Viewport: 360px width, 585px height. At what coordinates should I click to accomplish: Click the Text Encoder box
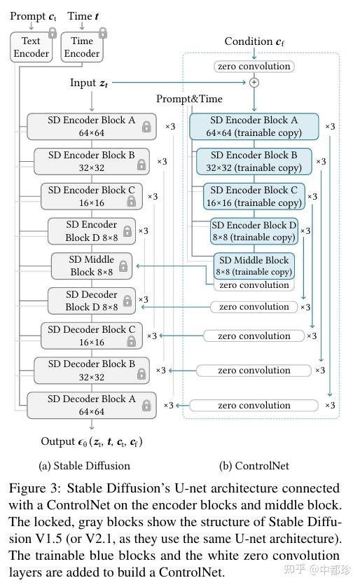30,48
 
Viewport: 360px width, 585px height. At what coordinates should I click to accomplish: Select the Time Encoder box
82,48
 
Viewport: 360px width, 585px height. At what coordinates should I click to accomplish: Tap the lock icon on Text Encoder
52,32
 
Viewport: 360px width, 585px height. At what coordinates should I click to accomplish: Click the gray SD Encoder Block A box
91,126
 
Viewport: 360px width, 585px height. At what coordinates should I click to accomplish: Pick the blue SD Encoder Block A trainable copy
254,126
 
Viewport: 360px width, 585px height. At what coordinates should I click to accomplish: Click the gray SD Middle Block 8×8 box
91,266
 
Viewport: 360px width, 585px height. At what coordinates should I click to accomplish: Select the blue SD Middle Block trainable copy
254,266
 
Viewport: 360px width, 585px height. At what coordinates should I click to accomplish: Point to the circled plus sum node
254,82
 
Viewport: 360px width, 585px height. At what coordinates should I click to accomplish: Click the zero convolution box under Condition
254,67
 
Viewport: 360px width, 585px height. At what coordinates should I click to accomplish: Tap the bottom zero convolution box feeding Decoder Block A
254,405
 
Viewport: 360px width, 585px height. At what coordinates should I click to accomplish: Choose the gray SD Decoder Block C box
91,336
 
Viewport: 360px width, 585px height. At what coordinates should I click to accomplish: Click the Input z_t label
89,83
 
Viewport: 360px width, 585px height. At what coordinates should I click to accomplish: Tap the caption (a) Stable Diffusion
83,465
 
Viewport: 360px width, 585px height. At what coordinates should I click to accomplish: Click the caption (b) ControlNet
254,465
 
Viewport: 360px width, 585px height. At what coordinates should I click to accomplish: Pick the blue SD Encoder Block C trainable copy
254,196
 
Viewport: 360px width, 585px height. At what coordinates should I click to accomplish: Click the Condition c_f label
254,41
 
